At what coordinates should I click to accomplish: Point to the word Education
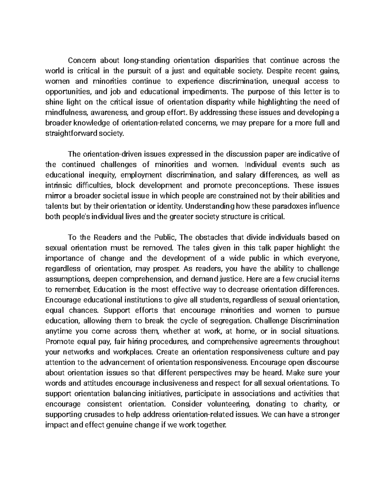(x=110, y=290)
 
